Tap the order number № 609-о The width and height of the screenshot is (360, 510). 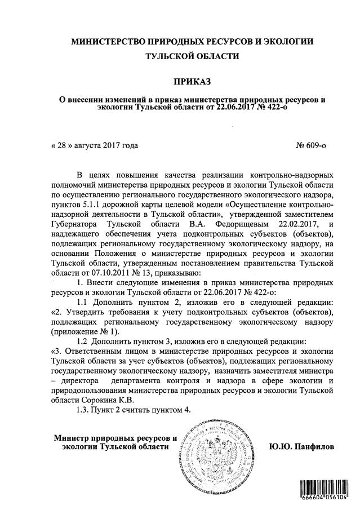(311, 145)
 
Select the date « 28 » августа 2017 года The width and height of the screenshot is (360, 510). (95, 145)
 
